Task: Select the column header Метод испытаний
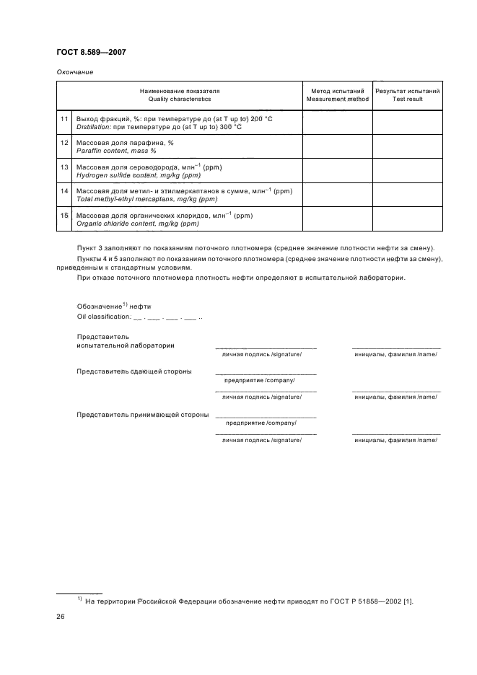coord(336,92)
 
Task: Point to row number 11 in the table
coord(64,118)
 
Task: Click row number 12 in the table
coord(64,143)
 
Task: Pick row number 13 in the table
coord(64,167)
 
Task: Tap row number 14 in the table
coord(64,191)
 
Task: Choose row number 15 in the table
coord(64,216)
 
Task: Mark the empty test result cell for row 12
coord(407,146)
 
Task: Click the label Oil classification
coord(102,316)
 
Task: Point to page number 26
coord(61,617)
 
